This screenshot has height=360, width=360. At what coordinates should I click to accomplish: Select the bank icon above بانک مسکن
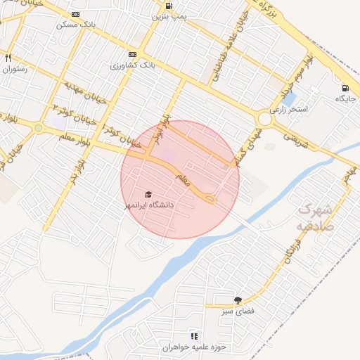[x=75, y=13]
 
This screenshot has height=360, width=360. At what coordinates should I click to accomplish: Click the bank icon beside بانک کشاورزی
[x=132, y=54]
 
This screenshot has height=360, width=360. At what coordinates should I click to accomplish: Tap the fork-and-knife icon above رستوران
[x=8, y=58]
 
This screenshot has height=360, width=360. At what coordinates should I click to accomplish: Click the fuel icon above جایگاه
[x=345, y=88]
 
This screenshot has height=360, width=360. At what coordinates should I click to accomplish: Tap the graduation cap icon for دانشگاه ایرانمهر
[x=148, y=195]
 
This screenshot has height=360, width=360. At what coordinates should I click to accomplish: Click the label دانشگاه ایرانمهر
[x=148, y=205]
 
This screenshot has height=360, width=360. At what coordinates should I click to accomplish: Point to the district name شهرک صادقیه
[x=314, y=217]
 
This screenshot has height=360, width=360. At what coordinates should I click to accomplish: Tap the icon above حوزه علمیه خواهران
[x=193, y=336]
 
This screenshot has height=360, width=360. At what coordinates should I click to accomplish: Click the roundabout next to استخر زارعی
[x=264, y=120]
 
